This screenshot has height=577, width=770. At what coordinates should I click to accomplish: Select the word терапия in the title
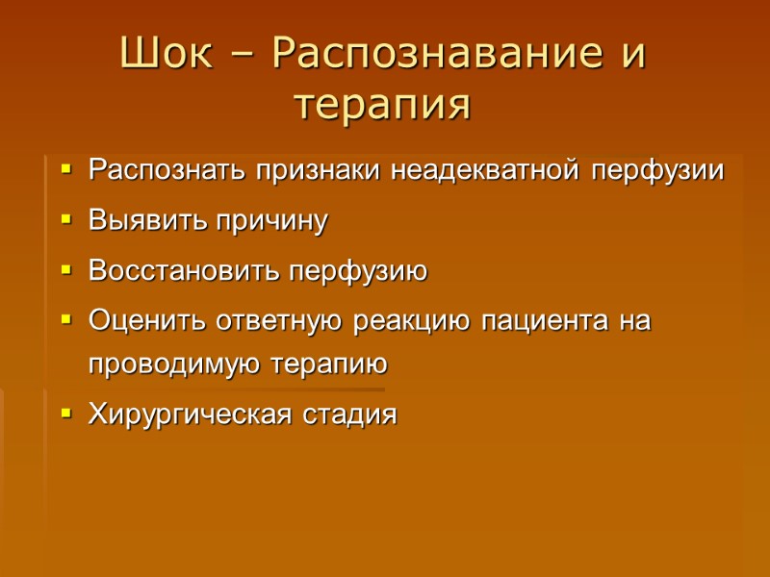click(x=383, y=105)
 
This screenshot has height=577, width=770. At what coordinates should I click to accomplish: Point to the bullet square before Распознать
click(x=66, y=171)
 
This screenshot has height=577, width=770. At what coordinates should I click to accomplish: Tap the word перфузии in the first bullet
click(x=656, y=171)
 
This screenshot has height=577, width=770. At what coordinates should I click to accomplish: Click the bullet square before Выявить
click(x=66, y=221)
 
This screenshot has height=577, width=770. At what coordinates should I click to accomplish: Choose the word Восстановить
click(x=183, y=271)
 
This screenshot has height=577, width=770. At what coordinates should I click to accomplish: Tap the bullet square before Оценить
click(x=66, y=321)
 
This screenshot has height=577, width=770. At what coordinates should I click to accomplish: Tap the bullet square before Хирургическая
click(x=66, y=415)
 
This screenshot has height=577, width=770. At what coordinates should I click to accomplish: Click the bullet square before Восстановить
click(x=66, y=271)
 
